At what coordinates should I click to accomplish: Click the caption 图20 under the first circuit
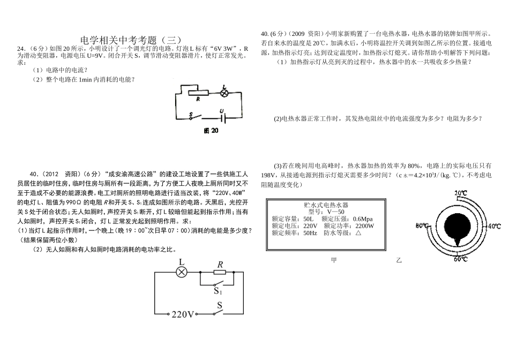pos(211,131)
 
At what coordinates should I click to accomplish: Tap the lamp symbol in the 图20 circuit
pos(223,93)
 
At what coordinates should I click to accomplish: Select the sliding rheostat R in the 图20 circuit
pos(198,93)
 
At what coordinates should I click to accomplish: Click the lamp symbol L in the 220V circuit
pos(182,272)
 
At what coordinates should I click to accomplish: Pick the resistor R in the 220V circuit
pos(220,272)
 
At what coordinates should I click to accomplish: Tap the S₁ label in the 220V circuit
pos(218,291)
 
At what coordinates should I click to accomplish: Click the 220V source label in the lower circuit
pos(183,314)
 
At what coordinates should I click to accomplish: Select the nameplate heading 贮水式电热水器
pos(326,205)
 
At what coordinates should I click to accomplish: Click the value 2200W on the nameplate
pos(364,226)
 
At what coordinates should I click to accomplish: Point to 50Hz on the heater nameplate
pos(310,233)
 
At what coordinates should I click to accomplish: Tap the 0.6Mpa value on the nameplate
pos(363,219)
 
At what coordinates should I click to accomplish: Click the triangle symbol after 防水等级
pos(358,232)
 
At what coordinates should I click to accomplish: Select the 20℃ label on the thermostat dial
pos(461,193)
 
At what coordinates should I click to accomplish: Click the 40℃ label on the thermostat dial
pos(495,226)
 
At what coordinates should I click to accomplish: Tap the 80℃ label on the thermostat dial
pos(422,226)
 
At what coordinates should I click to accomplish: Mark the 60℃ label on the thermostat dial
pos(460,259)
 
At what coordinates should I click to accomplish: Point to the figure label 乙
pos(399,260)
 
